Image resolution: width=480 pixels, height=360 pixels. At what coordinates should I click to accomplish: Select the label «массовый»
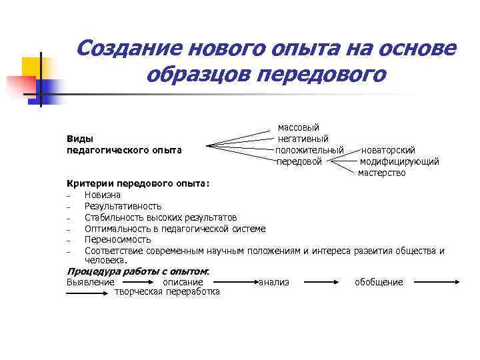(x=299, y=127)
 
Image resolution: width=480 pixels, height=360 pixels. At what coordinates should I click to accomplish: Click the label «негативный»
(x=303, y=139)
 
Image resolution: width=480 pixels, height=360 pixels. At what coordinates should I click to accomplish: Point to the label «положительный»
(x=309, y=150)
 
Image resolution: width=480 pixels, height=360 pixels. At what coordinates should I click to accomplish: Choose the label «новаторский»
(x=388, y=150)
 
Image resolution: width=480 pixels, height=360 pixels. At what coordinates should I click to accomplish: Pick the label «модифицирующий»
(x=399, y=161)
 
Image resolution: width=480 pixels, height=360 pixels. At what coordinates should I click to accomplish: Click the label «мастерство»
(x=381, y=173)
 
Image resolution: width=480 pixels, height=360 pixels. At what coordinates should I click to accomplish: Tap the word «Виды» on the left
(x=79, y=139)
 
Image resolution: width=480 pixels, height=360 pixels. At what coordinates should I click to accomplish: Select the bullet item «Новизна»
(x=103, y=195)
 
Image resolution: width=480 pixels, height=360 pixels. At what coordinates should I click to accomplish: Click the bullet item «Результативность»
(x=123, y=206)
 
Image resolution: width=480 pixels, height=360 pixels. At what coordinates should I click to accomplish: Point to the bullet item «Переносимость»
(x=118, y=239)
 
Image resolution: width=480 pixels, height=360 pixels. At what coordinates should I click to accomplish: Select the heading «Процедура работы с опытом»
(x=137, y=271)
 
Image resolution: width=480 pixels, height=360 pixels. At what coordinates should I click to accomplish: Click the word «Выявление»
(x=90, y=283)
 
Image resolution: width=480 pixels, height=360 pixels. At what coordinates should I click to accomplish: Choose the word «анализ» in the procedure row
(x=274, y=283)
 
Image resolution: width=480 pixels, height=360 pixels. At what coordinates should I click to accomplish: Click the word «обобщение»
(x=379, y=283)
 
